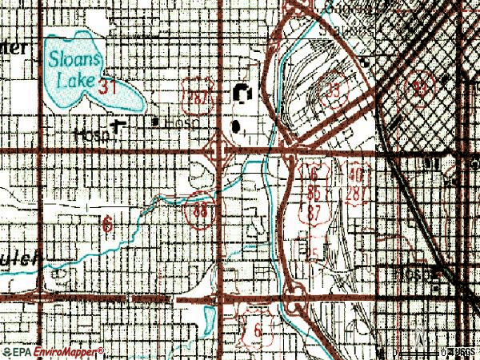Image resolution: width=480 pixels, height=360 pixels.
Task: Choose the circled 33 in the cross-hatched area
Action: point(419,86)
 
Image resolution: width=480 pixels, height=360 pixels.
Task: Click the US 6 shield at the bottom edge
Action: point(257,330)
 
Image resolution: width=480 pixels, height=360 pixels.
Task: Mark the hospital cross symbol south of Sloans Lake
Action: point(120,126)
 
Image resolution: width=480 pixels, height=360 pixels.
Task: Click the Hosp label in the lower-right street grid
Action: point(422,274)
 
